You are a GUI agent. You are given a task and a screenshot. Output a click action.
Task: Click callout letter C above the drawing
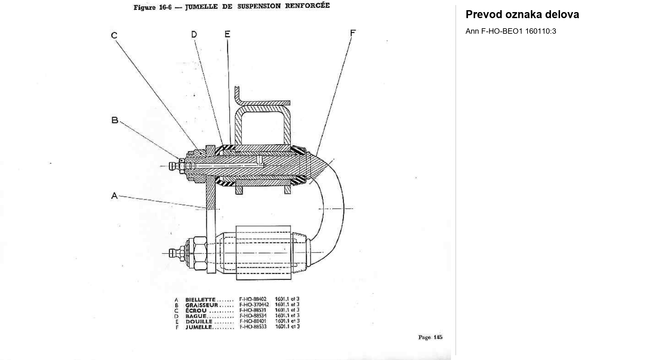114,35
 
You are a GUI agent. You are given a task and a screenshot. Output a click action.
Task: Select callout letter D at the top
194,34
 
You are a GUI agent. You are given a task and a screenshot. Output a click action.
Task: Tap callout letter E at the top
227,34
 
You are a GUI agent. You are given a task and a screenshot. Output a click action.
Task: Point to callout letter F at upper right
353,33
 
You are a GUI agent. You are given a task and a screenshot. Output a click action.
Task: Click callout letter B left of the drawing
115,120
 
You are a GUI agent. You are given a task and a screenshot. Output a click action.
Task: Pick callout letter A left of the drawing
114,196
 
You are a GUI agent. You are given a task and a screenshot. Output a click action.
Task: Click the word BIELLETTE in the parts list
201,300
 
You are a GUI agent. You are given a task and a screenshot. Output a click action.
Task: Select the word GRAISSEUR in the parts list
202,305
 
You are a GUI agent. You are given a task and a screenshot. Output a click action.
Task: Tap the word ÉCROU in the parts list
196,310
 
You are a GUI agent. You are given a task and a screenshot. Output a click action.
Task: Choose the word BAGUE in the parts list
196,316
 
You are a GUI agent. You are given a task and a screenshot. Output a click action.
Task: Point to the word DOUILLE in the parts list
199,322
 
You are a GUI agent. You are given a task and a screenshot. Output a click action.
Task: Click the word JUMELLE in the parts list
199,327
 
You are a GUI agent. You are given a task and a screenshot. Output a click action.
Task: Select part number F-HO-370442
254,305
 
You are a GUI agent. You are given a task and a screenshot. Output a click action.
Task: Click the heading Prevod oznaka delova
522,14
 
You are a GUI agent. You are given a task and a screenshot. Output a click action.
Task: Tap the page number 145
438,337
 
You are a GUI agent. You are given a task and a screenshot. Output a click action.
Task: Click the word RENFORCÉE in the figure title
307,6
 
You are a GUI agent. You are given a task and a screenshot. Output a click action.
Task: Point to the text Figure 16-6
153,7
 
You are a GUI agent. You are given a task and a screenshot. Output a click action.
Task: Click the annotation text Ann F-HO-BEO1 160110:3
511,31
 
